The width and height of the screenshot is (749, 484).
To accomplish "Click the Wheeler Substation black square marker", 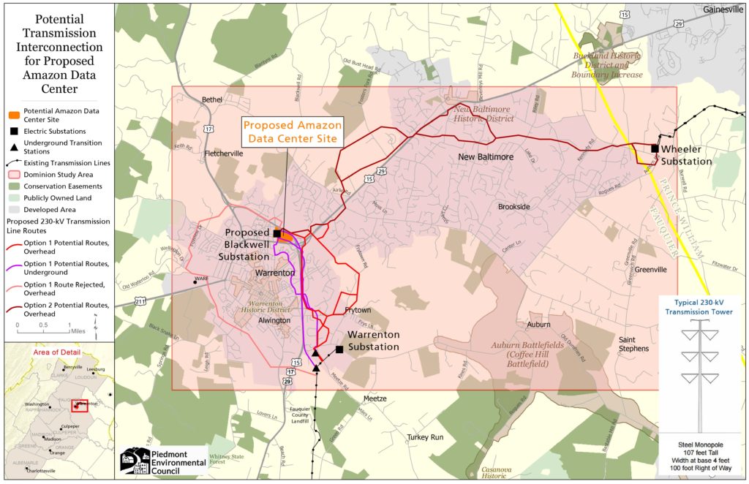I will [x=655, y=148].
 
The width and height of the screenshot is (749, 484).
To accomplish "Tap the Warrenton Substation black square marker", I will [x=339, y=349].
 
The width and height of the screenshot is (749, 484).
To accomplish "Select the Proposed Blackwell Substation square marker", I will [x=277, y=233].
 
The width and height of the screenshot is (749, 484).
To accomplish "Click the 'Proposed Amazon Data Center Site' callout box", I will [x=291, y=132].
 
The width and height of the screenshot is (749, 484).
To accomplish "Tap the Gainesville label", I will [x=723, y=10].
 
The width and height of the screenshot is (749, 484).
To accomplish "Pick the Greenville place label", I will [x=650, y=270].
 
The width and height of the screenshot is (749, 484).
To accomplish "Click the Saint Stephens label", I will [x=633, y=344].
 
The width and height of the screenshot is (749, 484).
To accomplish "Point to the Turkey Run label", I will [x=426, y=437].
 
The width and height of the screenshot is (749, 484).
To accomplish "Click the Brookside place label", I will [x=513, y=207].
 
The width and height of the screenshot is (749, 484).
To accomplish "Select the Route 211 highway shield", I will [x=140, y=300].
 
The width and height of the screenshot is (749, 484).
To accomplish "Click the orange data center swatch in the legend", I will [x=14, y=114].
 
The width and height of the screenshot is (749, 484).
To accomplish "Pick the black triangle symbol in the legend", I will [x=14, y=147].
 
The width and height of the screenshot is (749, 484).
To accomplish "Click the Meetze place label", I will [x=374, y=398].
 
